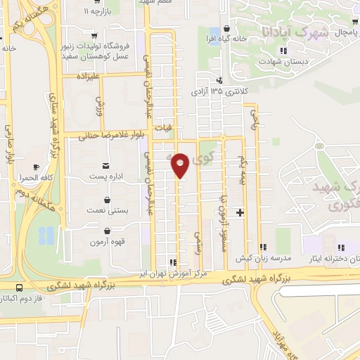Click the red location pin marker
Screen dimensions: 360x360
pyautogui.click(x=181, y=165)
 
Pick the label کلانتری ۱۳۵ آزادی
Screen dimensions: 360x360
pyautogui.click(x=214, y=91)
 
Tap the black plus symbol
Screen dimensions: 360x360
pyautogui.click(x=240, y=212)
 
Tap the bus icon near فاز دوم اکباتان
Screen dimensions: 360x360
pyautogui.click(x=18, y=287)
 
